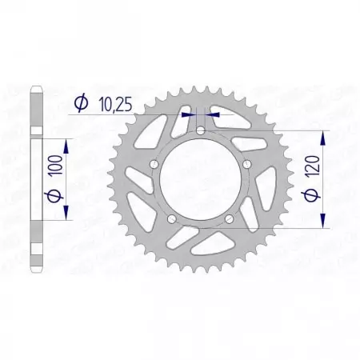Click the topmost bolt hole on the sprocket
point(201,130)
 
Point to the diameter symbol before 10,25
point(81,102)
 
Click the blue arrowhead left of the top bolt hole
point(191,114)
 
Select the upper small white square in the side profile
point(36,130)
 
